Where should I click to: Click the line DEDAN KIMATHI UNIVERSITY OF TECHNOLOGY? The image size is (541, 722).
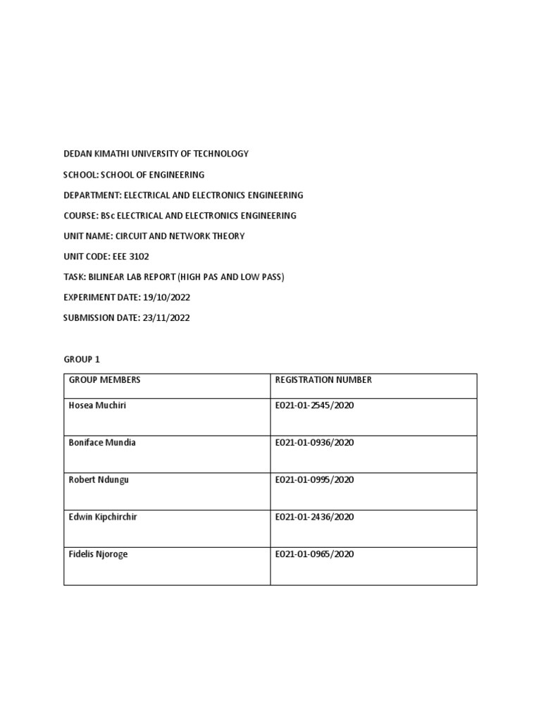[156, 154]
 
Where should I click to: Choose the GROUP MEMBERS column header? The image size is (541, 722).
[104, 380]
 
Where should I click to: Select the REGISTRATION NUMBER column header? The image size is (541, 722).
[323, 380]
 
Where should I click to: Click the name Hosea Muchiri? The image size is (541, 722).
[97, 405]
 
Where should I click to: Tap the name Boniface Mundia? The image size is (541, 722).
[102, 443]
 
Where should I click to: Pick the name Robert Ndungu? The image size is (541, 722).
[99, 480]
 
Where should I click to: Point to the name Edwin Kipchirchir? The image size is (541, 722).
[103, 518]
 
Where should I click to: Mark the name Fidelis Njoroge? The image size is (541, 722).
[99, 555]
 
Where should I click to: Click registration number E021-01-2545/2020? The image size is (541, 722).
[314, 405]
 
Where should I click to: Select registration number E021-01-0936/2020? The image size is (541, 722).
[314, 443]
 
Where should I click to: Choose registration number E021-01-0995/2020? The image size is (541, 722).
[314, 480]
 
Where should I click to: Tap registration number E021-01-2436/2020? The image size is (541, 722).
[314, 518]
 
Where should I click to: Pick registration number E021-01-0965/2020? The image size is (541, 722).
[314, 555]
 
